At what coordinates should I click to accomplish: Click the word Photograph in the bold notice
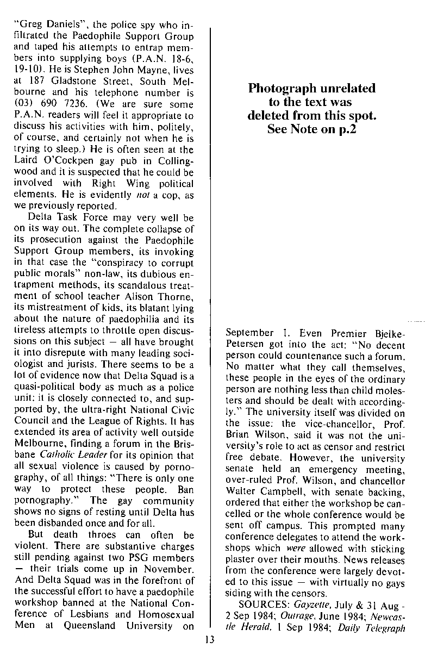pyautogui.click(x=281, y=89)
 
